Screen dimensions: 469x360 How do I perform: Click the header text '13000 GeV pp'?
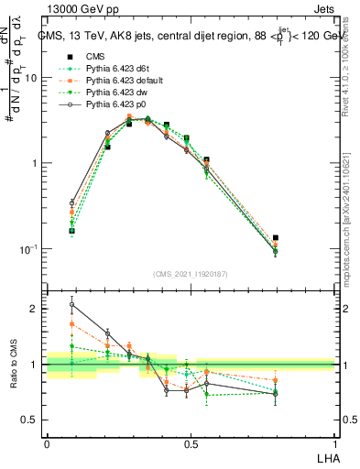[78, 8]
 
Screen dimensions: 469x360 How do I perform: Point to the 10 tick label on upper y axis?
[31, 78]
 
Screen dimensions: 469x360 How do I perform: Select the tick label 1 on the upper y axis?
[35, 164]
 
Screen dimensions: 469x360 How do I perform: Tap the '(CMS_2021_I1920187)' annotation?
[190, 273]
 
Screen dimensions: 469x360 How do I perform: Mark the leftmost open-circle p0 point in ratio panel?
[72, 305]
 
